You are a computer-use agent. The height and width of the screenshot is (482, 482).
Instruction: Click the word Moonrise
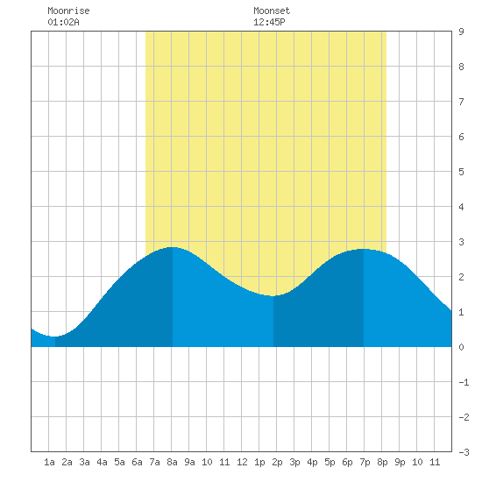pos(68,11)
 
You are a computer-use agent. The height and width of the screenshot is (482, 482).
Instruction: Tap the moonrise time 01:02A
pos(63,22)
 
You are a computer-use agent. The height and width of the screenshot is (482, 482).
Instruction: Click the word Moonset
pos(272,11)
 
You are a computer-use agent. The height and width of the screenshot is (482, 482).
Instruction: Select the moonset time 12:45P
pos(269,22)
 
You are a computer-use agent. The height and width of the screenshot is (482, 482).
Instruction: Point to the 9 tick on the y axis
pos(461,32)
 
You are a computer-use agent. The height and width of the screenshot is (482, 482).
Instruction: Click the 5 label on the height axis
pos(461,172)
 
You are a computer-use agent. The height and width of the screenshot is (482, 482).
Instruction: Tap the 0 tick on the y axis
pos(461,347)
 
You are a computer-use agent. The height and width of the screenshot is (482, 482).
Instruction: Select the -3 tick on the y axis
pos(464,452)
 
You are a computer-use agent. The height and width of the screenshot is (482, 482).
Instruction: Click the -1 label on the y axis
pos(464,382)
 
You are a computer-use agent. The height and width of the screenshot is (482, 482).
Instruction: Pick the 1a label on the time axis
pos(49,462)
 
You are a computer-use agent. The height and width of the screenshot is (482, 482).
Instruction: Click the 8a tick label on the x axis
pos(172,462)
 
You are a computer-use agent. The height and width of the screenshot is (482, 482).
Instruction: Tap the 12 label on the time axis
pos(242,462)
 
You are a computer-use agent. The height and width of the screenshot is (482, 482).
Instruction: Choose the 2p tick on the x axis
pos(277,462)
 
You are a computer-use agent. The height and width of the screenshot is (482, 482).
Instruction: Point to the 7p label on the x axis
pos(365,462)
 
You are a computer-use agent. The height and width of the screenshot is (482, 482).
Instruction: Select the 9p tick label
pos(400,462)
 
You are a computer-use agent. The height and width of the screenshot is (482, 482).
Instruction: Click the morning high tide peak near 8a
pos(173,247)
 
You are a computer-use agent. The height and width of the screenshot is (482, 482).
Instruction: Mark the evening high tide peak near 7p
pos(364,249)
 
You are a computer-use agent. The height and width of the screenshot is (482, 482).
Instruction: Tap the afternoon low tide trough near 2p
pos(273,296)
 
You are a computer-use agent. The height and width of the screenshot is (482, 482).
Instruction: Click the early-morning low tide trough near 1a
pos(54,337)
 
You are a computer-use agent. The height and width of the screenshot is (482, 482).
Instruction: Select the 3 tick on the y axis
pos(461,242)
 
